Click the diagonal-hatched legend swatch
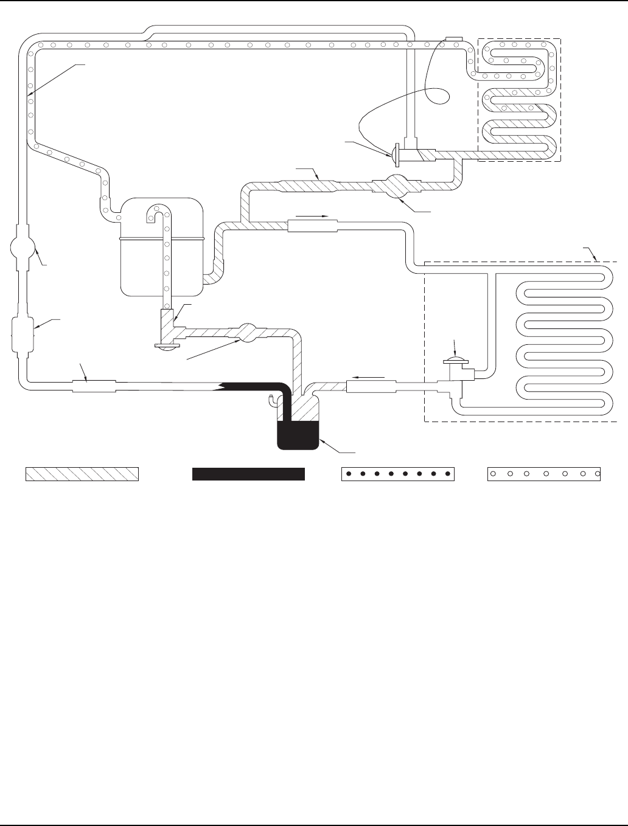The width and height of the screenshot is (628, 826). pos(82,474)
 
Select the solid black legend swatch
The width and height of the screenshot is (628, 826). pos(248,474)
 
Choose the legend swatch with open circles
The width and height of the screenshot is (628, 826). pos(544,474)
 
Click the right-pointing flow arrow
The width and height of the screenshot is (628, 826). pos(312,216)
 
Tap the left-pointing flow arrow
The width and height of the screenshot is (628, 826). pos(369,377)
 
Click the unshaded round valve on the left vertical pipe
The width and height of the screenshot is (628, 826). pos(23,248)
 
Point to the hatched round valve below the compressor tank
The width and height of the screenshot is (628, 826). pos(246,333)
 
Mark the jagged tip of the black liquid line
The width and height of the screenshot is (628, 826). pos(219,386)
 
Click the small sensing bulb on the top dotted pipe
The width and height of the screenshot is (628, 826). pos(454,40)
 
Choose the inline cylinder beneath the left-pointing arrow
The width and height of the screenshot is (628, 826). pos(371,386)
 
